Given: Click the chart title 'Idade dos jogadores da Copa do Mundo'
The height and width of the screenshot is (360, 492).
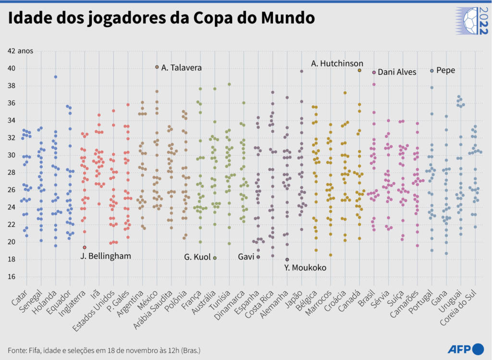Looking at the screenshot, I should click(x=161, y=18).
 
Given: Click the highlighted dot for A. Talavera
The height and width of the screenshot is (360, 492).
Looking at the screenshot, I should click(x=157, y=67).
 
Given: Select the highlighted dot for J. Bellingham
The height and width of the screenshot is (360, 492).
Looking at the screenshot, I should click(x=85, y=248).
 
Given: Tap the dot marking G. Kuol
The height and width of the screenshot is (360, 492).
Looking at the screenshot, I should click(x=215, y=258).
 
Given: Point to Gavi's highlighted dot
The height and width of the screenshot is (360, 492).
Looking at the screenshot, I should click(x=258, y=257).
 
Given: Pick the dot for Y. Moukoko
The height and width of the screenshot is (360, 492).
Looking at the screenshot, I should click(x=287, y=260).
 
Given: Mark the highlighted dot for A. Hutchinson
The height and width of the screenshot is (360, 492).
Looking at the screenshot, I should click(x=359, y=70).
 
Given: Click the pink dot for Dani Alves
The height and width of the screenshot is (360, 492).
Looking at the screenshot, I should click(x=374, y=72).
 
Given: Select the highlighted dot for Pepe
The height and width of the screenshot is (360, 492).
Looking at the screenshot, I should click(x=432, y=71).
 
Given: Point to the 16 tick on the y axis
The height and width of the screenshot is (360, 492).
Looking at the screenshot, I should click(x=11, y=277).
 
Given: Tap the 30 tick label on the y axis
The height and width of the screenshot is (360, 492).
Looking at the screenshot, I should click(x=11, y=155).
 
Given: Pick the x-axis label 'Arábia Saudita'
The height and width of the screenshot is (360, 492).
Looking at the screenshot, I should click(x=156, y=312).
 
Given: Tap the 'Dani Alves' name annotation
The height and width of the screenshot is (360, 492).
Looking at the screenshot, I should click(x=397, y=72).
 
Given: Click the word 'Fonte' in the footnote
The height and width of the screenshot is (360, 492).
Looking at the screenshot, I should click(x=17, y=350).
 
